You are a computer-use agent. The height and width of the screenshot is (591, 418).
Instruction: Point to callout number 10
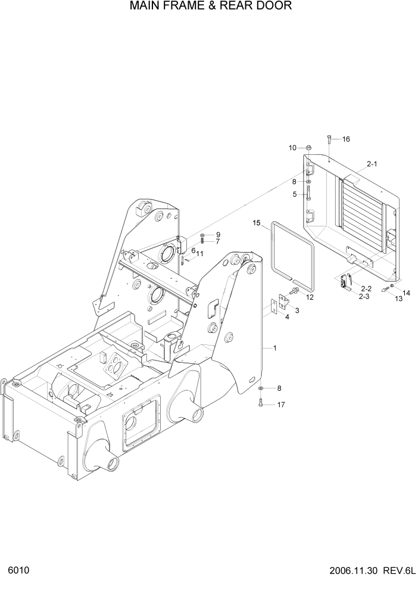point(292,148)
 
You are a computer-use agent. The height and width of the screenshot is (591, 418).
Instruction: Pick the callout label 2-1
point(372,163)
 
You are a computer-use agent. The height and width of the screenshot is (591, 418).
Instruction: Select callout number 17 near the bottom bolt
point(281,405)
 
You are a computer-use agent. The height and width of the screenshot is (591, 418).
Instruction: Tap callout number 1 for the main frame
point(274,347)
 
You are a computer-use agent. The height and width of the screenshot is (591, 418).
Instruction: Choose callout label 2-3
point(363,296)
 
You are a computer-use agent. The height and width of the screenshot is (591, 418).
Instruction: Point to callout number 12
point(310,297)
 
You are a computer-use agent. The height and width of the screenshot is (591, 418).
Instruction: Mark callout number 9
point(218,234)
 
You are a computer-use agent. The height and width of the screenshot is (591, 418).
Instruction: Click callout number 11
point(200,254)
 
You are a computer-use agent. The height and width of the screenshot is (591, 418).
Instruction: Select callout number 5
point(294,194)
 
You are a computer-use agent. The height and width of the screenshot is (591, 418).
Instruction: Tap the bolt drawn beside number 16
point(328,141)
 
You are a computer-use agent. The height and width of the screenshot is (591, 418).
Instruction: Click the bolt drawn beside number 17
point(261,403)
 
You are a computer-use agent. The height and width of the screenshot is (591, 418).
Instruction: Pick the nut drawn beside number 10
point(309,148)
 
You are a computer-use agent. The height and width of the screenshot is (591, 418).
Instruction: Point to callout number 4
point(286,317)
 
